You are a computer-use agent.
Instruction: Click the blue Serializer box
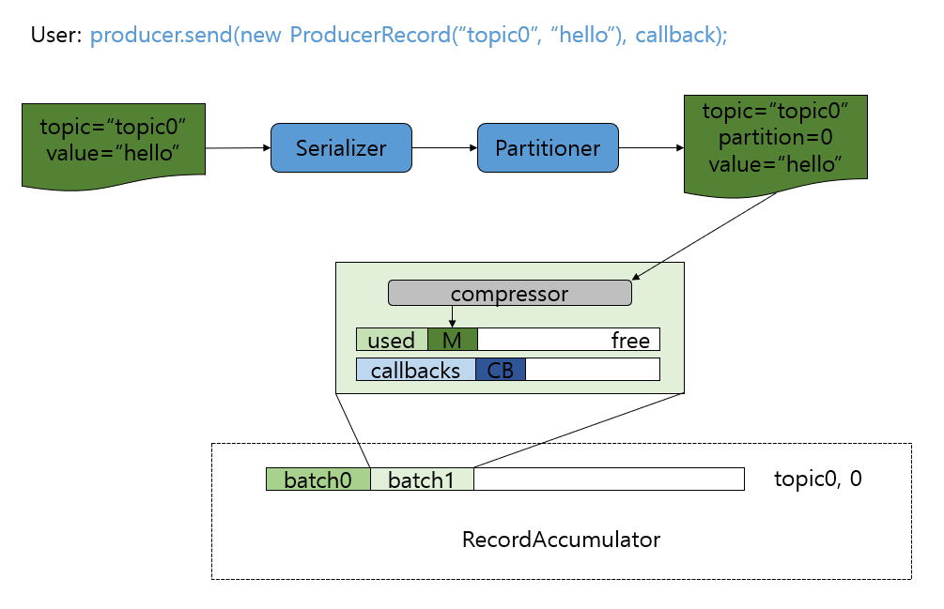click(341, 148)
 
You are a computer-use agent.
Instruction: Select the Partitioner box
click(548, 148)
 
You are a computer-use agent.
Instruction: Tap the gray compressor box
click(509, 294)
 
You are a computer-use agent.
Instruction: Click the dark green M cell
click(452, 340)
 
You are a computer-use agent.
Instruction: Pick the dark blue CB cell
click(500, 370)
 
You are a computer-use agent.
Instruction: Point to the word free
click(629, 340)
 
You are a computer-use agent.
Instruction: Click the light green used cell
click(392, 340)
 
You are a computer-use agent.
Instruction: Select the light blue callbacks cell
click(415, 370)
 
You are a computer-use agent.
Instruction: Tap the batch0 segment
click(317, 480)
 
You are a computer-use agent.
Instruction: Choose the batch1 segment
click(421, 480)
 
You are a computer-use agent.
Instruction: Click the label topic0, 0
click(817, 479)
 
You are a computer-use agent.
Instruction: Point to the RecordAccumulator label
click(561, 540)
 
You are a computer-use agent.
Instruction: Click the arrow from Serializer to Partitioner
click(444, 148)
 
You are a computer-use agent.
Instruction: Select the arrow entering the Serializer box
click(238, 148)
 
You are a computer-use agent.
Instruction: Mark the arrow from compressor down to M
click(452, 316)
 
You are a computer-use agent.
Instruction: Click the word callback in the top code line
click(676, 36)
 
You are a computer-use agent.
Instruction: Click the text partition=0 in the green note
click(775, 138)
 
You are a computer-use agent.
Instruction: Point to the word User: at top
click(56, 36)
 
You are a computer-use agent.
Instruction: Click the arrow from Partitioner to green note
click(651, 148)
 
